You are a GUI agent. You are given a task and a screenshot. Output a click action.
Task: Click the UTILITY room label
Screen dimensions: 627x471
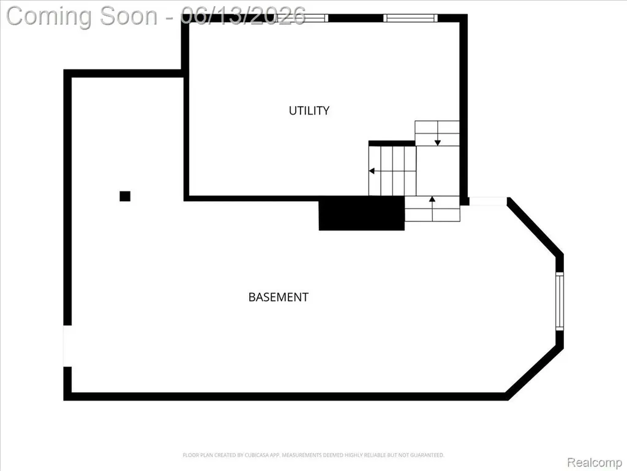(x=309, y=110)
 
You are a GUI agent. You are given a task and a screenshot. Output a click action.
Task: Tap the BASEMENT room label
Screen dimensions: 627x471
(x=279, y=297)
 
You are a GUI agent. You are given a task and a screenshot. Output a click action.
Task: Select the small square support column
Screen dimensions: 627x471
(x=125, y=196)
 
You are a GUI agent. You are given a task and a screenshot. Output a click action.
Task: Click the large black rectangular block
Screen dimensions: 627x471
(x=361, y=213)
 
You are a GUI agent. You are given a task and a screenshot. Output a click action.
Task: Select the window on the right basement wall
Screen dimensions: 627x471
(x=560, y=301)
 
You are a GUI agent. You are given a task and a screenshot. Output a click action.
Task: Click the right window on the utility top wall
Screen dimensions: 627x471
(x=411, y=18)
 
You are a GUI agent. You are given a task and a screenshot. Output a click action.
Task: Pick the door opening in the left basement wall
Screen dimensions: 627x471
(x=67, y=346)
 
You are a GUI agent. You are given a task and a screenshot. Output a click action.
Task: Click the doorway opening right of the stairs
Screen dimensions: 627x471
(x=488, y=201)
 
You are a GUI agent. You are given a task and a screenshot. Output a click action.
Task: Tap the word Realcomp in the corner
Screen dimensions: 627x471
(x=594, y=462)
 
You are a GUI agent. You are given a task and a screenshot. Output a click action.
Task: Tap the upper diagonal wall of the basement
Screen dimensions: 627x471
(x=535, y=226)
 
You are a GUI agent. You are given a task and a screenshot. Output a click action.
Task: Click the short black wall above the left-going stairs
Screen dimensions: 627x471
(x=392, y=144)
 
